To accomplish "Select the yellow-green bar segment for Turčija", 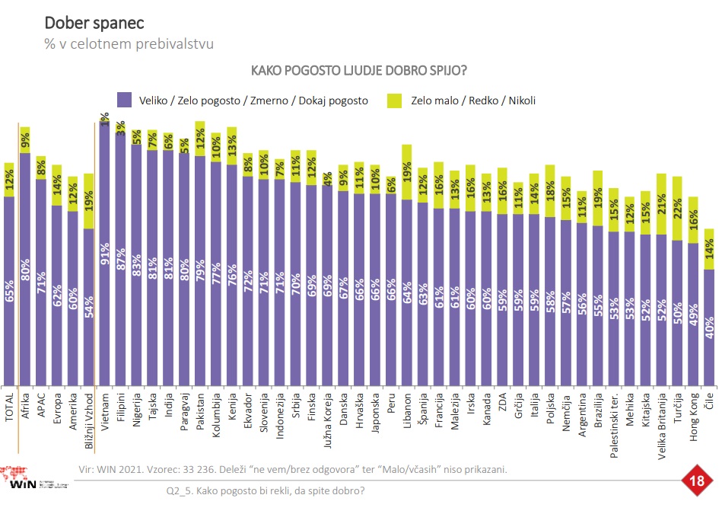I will coord(677,208).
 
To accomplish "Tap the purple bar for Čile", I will coord(709,327).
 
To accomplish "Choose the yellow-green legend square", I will coord(395,99).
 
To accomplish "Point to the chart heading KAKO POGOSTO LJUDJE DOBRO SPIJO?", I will coord(358,71).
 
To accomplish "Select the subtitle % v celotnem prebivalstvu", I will coord(129,43).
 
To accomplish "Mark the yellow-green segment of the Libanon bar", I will coord(407,172).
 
